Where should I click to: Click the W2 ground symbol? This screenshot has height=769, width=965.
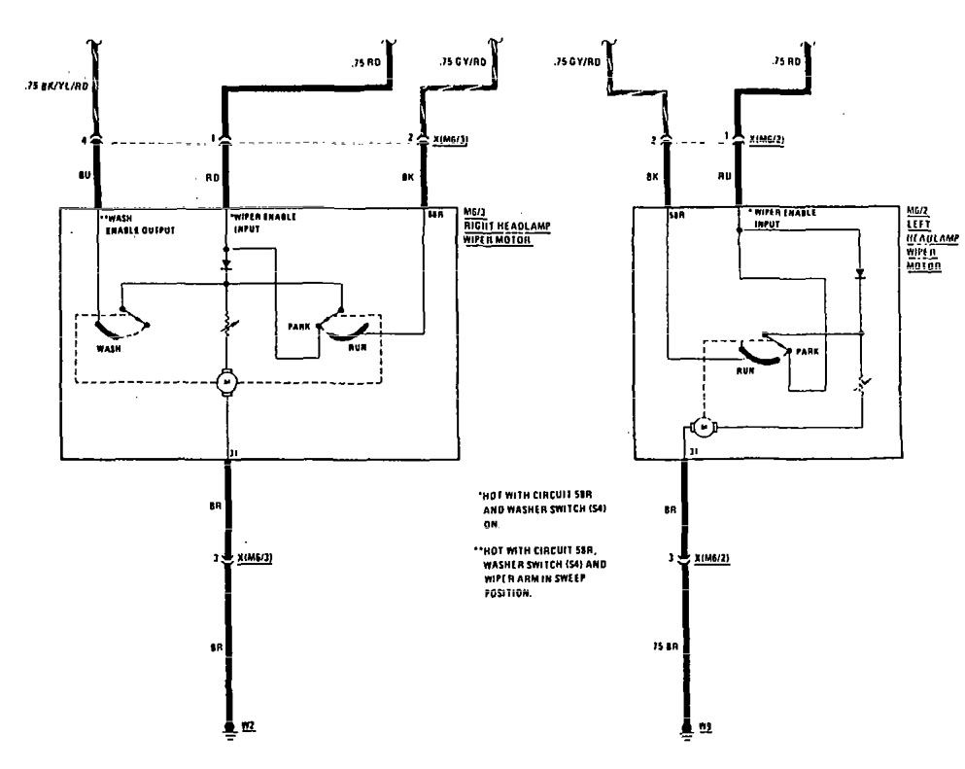(229, 730)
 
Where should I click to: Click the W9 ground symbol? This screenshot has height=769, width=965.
(686, 731)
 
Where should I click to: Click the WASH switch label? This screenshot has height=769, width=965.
(109, 345)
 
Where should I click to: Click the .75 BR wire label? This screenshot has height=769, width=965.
(664, 642)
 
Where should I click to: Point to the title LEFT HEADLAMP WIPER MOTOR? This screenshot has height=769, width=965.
(932, 237)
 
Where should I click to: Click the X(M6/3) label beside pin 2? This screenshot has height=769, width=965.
(454, 139)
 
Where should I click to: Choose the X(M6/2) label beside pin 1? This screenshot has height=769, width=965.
(771, 139)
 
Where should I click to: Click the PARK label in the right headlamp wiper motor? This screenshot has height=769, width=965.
(298, 327)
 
